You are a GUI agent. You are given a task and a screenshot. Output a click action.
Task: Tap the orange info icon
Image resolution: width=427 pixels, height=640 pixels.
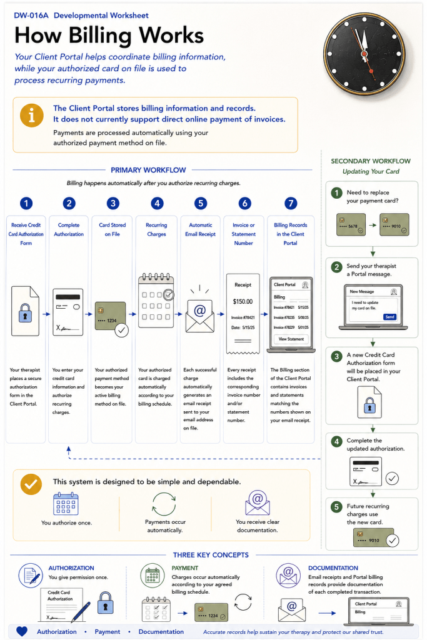point(31,116)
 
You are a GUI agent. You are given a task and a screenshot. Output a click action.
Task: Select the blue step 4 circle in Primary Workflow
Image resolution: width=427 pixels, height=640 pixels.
point(157,203)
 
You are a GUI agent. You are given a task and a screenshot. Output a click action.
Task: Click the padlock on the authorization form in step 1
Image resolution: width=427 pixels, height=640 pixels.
point(25,313)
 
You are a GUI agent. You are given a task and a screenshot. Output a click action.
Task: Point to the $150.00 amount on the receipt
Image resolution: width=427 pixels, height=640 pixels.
point(243,302)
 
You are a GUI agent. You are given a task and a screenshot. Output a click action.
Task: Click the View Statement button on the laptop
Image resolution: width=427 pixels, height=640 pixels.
point(291,339)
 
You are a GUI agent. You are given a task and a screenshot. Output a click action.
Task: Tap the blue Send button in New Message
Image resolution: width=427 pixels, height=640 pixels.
point(390,317)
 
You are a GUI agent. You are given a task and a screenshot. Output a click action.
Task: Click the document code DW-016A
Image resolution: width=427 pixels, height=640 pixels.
point(31,16)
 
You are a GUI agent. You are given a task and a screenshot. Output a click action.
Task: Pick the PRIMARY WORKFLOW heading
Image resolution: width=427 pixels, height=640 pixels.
point(148,170)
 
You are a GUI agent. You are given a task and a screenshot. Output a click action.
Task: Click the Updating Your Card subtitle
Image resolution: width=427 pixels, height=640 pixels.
point(371,171)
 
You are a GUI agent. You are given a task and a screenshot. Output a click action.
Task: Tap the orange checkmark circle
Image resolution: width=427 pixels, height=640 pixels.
point(31,484)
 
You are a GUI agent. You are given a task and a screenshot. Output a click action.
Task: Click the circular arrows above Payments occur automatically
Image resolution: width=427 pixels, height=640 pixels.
point(164,504)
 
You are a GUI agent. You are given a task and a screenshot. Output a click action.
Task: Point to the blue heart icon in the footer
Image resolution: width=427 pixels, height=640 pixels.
point(22,631)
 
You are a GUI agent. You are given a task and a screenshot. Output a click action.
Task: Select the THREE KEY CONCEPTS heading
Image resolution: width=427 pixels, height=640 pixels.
point(211,555)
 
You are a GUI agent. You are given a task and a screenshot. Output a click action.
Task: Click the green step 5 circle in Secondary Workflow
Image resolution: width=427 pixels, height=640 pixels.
point(336,507)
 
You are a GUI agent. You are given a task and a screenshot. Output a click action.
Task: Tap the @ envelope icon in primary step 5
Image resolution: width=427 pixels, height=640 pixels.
point(199,316)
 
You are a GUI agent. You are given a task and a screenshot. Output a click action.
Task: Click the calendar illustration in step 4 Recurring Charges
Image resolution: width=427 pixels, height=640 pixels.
point(156,301)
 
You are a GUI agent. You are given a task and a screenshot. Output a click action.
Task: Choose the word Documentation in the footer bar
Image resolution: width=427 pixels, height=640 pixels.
point(161,631)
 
